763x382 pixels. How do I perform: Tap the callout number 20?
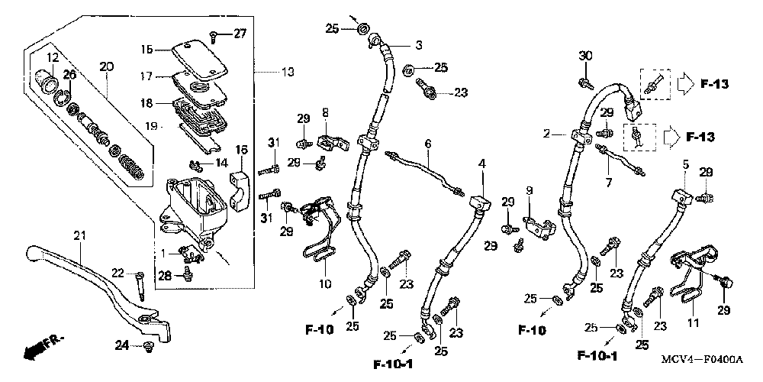pos(106,66)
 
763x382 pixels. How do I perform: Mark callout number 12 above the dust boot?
pos(52,58)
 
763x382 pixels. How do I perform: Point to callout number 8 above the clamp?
pos(324,112)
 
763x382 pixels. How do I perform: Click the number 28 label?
pos(164,275)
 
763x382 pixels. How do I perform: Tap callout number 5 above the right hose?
pos(685,164)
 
